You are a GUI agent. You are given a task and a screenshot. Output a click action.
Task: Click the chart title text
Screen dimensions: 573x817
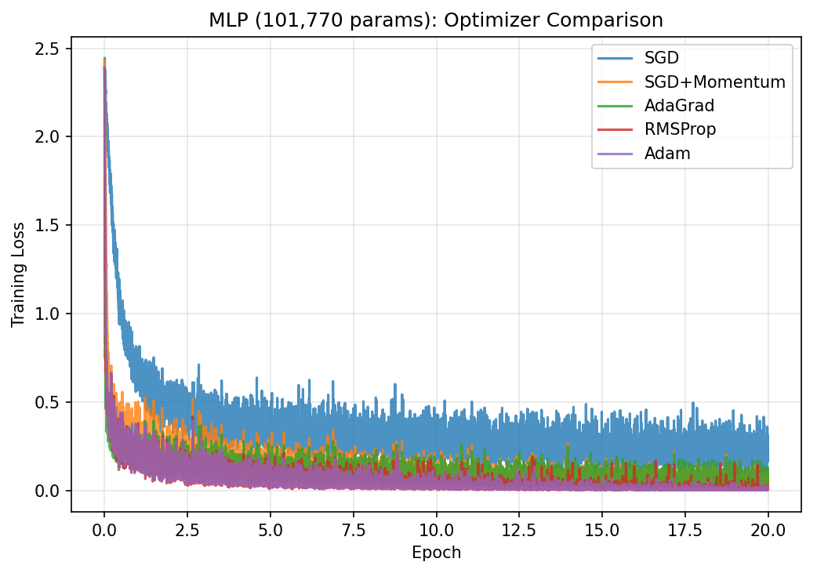[x=436, y=20]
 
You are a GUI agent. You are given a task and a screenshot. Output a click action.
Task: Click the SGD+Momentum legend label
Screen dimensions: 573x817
[x=714, y=82]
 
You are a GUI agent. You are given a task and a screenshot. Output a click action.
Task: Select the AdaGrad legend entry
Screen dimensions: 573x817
[x=679, y=106]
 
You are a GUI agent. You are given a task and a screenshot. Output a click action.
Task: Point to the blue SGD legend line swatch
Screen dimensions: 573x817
[x=615, y=59]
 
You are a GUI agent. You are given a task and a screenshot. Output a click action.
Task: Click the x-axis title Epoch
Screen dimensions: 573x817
[x=436, y=553]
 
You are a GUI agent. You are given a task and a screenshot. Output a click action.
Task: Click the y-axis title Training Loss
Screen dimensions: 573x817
[x=18, y=274]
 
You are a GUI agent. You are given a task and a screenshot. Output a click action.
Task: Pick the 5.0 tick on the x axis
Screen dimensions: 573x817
[x=270, y=529]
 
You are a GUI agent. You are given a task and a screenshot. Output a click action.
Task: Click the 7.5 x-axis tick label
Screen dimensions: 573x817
[x=353, y=529]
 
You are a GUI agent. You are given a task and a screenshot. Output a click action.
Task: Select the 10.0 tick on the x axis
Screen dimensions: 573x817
[x=436, y=529]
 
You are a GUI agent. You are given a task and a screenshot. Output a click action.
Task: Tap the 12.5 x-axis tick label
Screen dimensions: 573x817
[x=519, y=529]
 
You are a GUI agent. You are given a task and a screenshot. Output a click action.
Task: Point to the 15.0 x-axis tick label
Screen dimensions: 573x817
[x=602, y=529]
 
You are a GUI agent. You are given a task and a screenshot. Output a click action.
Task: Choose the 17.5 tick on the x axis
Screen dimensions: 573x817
[x=685, y=529]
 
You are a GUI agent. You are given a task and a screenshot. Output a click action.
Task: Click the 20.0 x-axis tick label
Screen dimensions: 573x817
[x=768, y=529]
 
